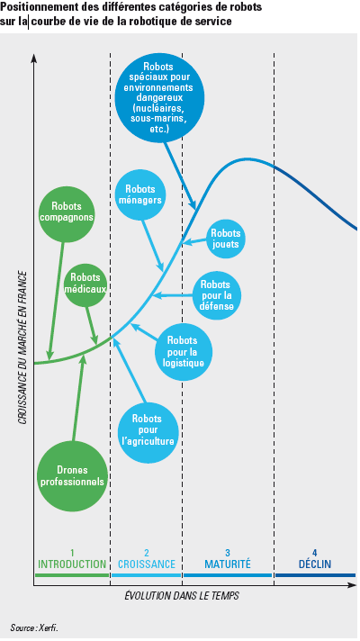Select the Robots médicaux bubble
click(85, 284)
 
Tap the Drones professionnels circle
click(72, 476)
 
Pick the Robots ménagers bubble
click(140, 195)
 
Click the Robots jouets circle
click(225, 239)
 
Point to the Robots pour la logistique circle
click(183, 352)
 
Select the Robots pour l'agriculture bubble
click(148, 430)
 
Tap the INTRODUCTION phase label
click(72, 564)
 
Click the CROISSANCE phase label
click(147, 564)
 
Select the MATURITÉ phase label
click(228, 564)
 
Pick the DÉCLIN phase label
click(315, 564)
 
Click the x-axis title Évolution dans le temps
click(182, 596)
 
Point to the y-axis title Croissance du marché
click(22, 347)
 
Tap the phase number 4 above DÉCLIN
click(315, 553)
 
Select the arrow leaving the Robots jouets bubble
click(194, 242)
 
